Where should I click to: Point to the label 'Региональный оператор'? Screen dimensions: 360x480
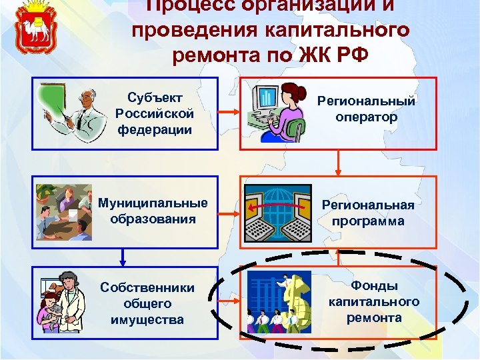click(x=366, y=109)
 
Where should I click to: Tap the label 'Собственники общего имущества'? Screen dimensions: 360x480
click(x=147, y=303)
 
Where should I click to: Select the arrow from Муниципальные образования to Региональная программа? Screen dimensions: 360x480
click(x=228, y=214)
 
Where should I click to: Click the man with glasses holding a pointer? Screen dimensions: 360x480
click(x=73, y=113)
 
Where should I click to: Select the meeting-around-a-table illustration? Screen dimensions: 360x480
click(x=63, y=212)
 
